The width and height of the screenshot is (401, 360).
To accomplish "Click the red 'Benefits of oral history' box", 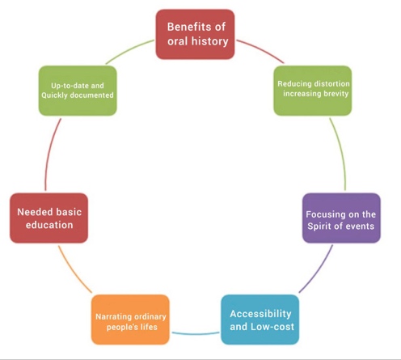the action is coord(195,34).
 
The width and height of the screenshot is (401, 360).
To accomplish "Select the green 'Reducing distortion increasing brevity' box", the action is coord(313,91).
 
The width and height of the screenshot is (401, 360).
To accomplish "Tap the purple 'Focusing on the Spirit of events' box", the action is coord(341,218).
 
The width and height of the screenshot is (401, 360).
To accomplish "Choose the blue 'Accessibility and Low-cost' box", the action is coord(260,320).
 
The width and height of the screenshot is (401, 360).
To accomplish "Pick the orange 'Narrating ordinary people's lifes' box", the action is coord(130,320).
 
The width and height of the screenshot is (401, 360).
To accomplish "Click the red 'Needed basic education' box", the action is coord(49,218).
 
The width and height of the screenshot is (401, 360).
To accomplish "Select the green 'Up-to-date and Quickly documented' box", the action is coord(78,91).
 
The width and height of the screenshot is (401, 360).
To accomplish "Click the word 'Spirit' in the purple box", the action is coord(319,227).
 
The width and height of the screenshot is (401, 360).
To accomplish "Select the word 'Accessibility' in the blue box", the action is coord(260,314).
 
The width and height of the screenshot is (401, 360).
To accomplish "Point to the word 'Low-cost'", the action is coord(272,327).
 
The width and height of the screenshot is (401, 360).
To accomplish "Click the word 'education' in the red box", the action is coord(49,225).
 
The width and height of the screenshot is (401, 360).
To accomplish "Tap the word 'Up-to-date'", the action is coord(70,86).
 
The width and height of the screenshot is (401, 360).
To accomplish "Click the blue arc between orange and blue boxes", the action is coord(196,334).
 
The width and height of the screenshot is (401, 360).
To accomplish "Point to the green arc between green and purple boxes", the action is coord(341,153).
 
